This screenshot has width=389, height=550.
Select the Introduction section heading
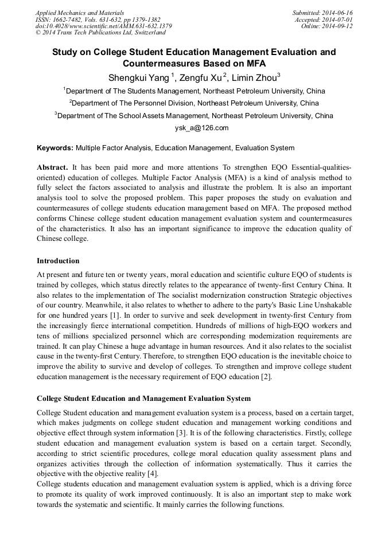click(x=58, y=261)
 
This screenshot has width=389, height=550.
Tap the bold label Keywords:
click(x=55, y=148)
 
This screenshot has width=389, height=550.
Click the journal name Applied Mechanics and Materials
click(x=80, y=13)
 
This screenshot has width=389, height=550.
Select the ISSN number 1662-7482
click(x=72, y=19)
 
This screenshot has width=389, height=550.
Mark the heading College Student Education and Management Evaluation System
click(x=143, y=399)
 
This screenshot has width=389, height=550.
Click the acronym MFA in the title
click(x=253, y=63)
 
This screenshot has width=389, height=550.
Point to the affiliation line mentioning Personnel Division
click(x=194, y=103)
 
